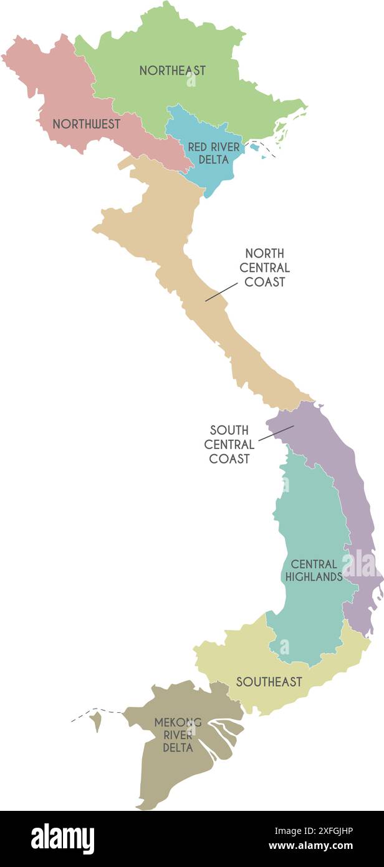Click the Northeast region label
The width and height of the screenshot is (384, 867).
pyautogui.click(x=172, y=70)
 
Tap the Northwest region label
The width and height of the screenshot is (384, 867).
pyautogui.click(x=86, y=124)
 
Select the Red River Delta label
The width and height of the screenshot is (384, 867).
pyautogui.click(x=213, y=153)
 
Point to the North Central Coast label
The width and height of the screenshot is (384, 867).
pyautogui.click(x=264, y=268)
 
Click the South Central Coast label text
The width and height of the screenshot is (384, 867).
pyautogui.click(x=229, y=444)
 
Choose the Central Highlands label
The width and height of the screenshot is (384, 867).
pyautogui.click(x=314, y=571)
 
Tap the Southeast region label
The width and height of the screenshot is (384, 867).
pyautogui.click(x=269, y=682)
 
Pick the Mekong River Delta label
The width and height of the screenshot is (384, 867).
pyautogui.click(x=178, y=734)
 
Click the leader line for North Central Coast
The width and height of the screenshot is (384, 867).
pyautogui.click(x=221, y=292)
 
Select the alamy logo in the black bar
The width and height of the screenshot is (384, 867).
pyautogui.click(x=62, y=839)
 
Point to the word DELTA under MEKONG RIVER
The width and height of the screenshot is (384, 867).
pyautogui.click(x=178, y=747)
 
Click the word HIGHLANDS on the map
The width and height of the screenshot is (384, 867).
pyautogui.click(x=314, y=577)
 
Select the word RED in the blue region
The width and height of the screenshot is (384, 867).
pyautogui.click(x=198, y=147)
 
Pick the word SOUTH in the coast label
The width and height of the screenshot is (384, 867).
pyautogui.click(x=229, y=430)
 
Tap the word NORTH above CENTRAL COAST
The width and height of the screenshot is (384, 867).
pyautogui.click(x=264, y=254)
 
